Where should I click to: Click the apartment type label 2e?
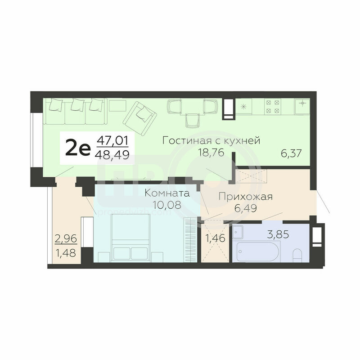click(x=78, y=148)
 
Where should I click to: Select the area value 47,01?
click(x=112, y=140)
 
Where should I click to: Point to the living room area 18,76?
click(x=211, y=152)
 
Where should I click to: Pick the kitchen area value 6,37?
click(x=291, y=153)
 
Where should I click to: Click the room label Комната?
click(x=167, y=193)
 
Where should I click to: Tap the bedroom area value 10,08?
click(x=167, y=205)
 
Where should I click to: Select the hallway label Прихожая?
click(x=245, y=197)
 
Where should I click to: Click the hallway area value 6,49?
click(x=245, y=208)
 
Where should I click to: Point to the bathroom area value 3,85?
click(x=278, y=234)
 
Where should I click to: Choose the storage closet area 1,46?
click(x=215, y=238)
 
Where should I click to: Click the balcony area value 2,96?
click(x=66, y=239)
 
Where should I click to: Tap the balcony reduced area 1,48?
click(x=66, y=253)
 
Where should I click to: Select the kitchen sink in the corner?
click(x=302, y=106)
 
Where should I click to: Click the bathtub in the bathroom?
click(x=257, y=251)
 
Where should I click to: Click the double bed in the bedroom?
click(x=130, y=238)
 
